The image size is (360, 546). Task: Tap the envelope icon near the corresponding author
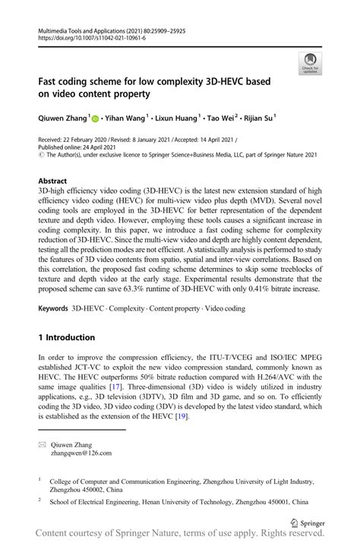43,444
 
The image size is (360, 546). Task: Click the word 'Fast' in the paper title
50,81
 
